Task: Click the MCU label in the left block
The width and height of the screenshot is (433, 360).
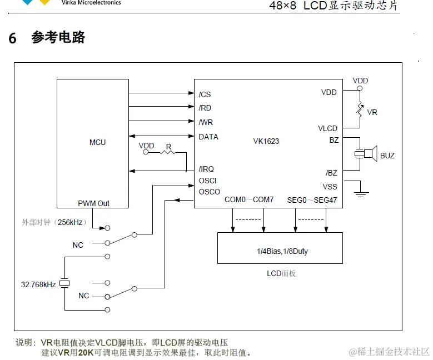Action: [x=97, y=142]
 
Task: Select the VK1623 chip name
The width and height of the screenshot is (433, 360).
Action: [x=266, y=141]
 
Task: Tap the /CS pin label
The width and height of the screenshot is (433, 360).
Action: [x=205, y=94]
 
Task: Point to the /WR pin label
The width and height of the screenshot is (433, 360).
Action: [x=206, y=122]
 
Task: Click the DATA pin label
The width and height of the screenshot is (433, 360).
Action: [x=208, y=137]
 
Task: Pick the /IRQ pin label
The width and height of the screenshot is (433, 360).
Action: [x=206, y=169]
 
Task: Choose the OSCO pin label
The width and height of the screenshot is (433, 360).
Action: [x=209, y=192]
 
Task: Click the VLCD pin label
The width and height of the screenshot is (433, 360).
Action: [x=327, y=128]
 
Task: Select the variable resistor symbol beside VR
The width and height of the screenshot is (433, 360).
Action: [x=360, y=111]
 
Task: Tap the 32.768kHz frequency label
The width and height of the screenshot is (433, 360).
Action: [x=38, y=284]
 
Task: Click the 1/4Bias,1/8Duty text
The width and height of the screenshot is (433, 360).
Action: [x=282, y=251]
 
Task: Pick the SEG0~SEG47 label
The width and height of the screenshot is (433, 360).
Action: [x=312, y=199]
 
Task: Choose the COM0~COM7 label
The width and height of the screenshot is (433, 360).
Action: [x=249, y=199]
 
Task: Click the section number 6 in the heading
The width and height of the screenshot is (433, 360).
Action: [x=12, y=38]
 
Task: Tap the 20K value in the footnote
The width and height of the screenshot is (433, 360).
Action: [x=86, y=352]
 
